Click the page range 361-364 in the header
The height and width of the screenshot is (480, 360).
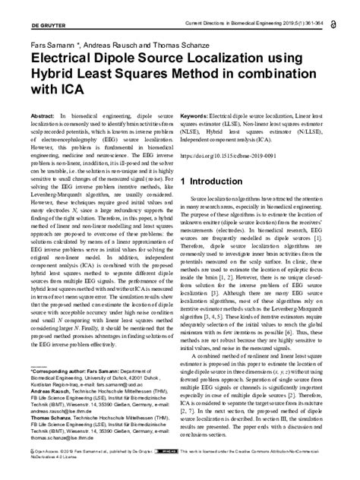point(311,7)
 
